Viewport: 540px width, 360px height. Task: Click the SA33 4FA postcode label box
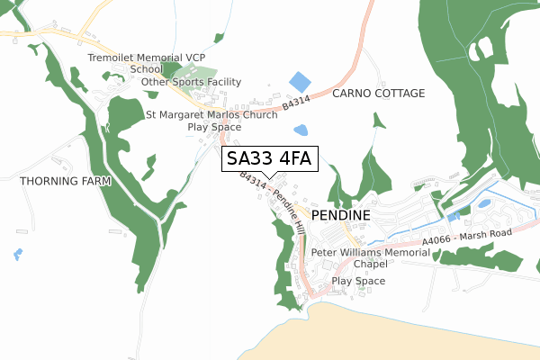[268, 159]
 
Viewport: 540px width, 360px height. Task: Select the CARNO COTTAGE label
[378, 94]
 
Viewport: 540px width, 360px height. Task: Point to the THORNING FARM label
[65, 181]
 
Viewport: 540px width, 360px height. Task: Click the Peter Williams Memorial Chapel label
[358, 258]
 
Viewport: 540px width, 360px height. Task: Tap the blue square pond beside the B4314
[299, 81]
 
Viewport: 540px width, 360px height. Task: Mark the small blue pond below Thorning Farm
[18, 254]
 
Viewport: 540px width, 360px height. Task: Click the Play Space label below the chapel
[358, 282]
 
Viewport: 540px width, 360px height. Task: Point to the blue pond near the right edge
[483, 203]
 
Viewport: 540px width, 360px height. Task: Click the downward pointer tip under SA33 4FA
[268, 176]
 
